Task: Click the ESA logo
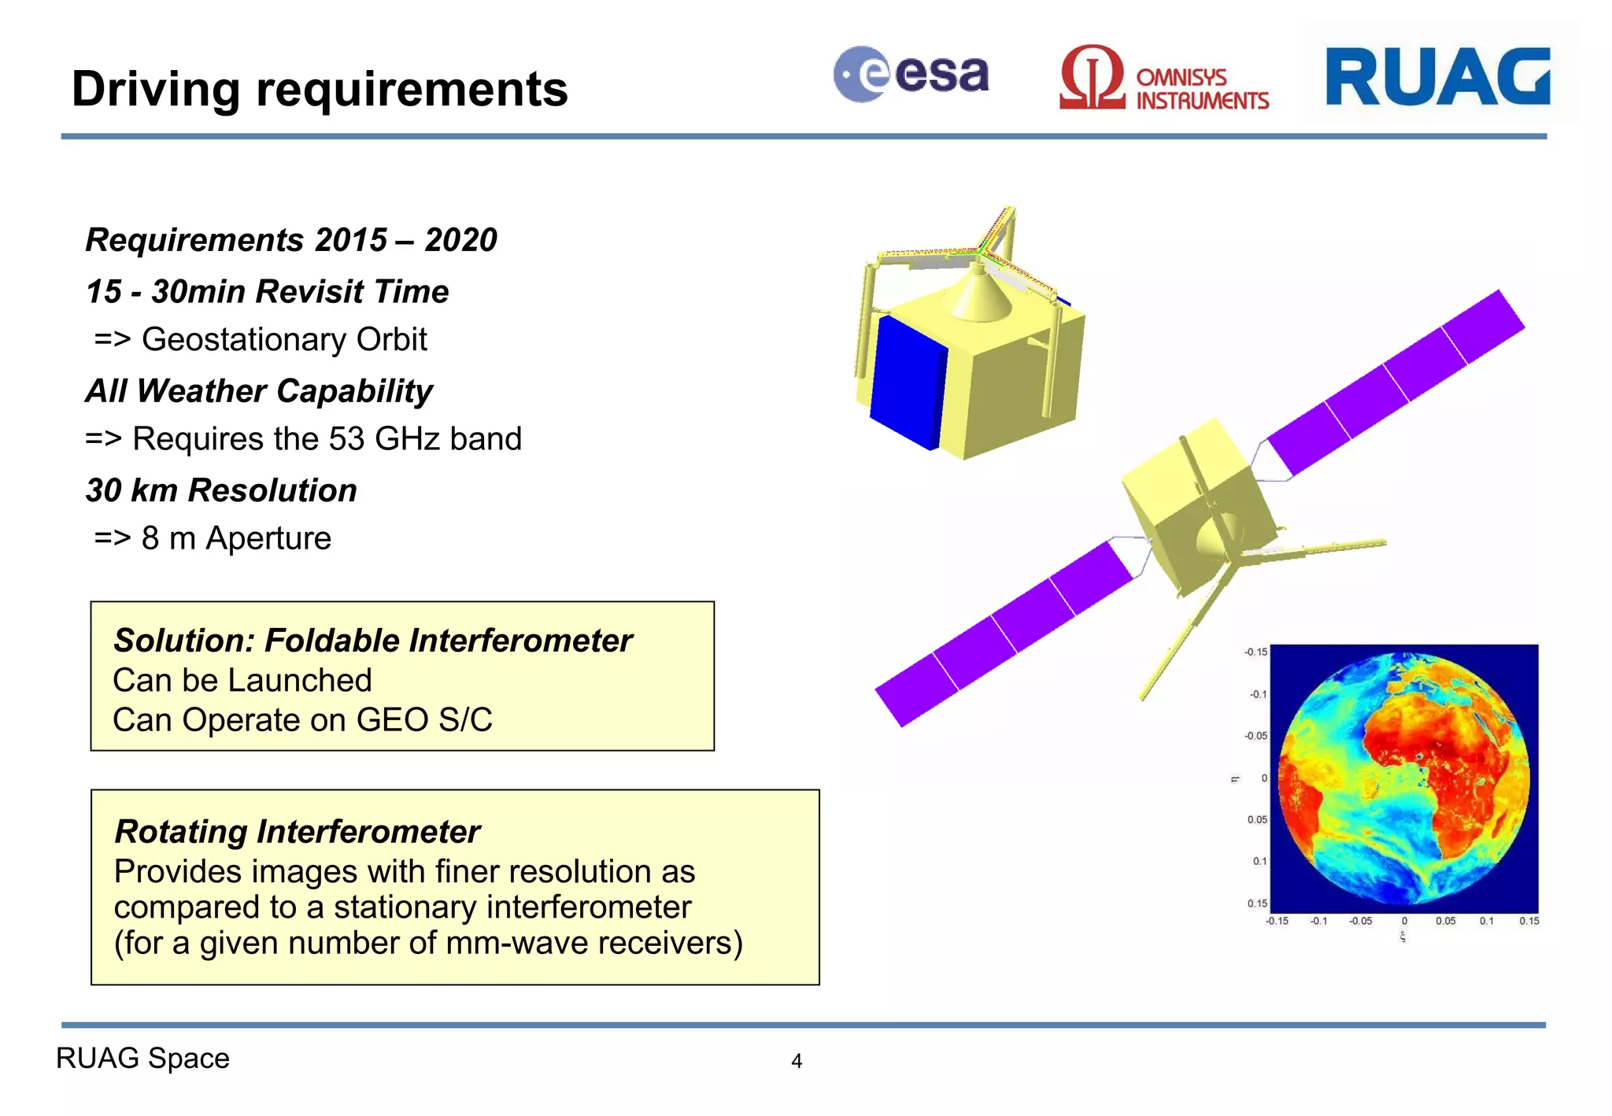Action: coord(911,75)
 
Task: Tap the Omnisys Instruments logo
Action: coord(1163,79)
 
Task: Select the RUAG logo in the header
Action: coord(1437,76)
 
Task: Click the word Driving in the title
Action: coord(155,89)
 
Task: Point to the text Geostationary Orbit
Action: coord(283,340)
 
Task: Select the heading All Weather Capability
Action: coord(259,391)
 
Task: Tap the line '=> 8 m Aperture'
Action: coord(213,539)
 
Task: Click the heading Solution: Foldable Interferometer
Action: coord(372,641)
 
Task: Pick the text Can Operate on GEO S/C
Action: coord(302,720)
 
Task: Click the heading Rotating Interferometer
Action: coord(297,832)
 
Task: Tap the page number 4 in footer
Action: coord(797,1062)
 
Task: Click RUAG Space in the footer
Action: coord(142,1059)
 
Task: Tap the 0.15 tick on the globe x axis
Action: coord(1529,921)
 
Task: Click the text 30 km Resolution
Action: coord(221,490)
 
